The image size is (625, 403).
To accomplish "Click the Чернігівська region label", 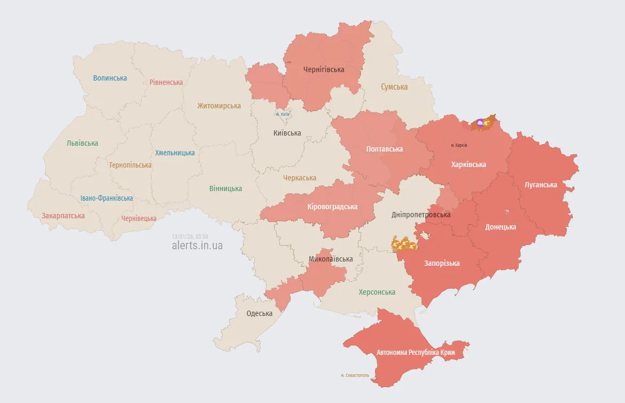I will click(x=324, y=69).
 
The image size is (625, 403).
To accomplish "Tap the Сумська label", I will click(x=394, y=86).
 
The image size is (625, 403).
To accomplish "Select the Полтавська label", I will click(x=385, y=149).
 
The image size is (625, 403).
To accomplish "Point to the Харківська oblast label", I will click(x=468, y=164).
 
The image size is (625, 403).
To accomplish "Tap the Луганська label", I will click(x=541, y=185).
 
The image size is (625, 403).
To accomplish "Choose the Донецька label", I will click(x=501, y=227).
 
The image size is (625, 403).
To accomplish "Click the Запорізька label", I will click(x=442, y=263).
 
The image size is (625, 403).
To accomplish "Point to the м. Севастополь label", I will click(x=355, y=375).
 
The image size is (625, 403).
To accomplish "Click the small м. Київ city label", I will click(x=283, y=114).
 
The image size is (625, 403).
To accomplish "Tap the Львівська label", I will click(x=82, y=143).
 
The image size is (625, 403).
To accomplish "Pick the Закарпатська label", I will click(x=63, y=216).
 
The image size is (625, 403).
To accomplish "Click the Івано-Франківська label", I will click(x=107, y=198).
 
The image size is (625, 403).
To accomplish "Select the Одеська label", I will click(x=259, y=313).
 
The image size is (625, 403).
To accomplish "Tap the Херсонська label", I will click(x=377, y=292).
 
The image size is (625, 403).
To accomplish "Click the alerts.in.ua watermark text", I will click(x=197, y=246).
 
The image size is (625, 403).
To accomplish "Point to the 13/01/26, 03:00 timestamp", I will click(x=190, y=236).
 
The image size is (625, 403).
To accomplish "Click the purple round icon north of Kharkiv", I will click(x=480, y=123).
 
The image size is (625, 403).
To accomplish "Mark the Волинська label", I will click(x=110, y=78).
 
